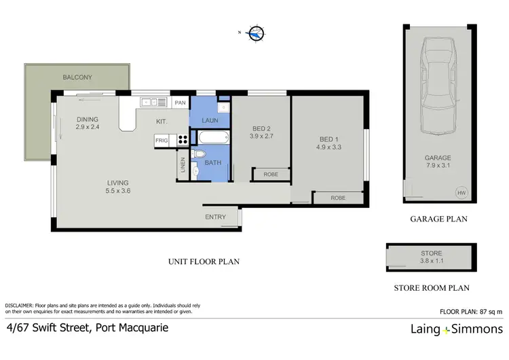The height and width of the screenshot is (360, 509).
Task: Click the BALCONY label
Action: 77,77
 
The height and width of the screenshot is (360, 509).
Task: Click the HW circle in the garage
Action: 461,193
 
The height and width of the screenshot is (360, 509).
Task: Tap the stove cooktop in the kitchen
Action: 183,141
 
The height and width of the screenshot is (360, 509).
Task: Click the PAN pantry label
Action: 180,103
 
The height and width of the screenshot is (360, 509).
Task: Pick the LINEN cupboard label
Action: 182,165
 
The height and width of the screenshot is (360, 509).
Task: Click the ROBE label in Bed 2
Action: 270,175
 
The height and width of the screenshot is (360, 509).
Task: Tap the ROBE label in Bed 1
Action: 337,198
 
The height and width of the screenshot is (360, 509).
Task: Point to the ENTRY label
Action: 215,217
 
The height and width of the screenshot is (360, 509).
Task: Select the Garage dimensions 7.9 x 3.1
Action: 438,165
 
